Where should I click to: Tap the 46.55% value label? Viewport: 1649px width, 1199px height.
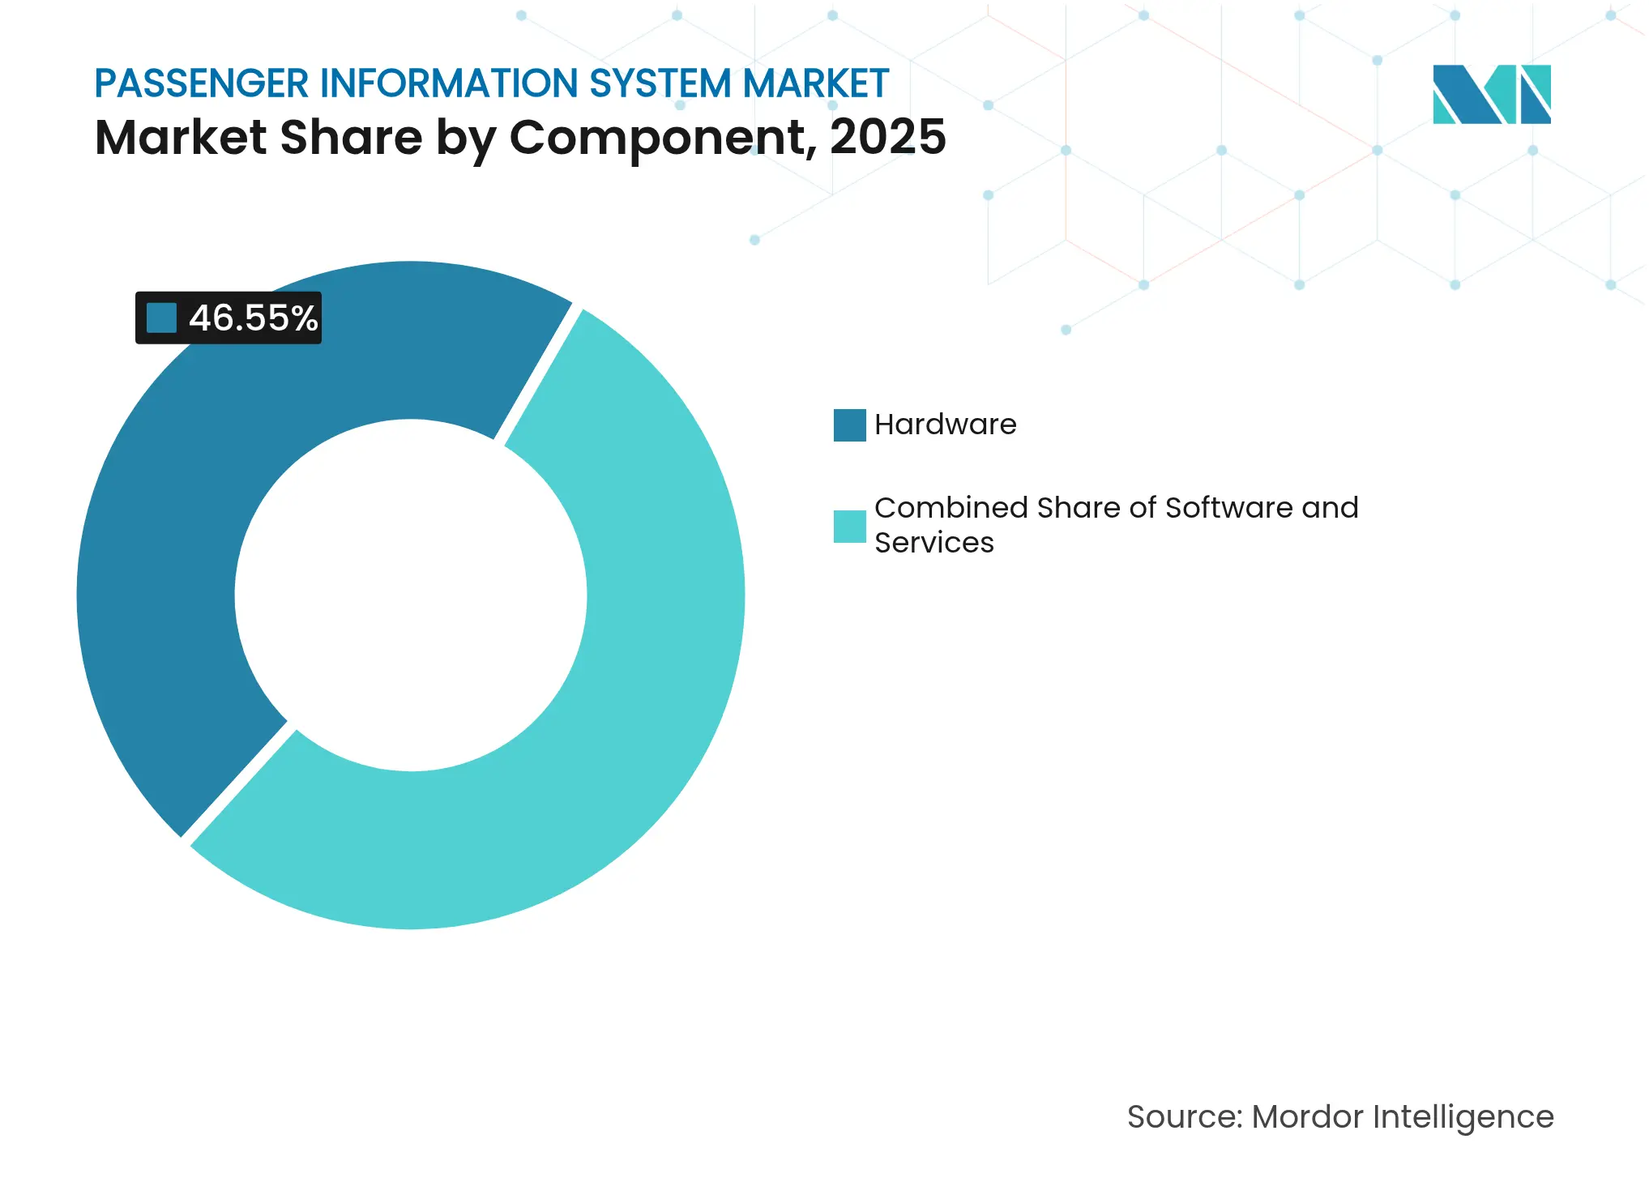tap(253, 318)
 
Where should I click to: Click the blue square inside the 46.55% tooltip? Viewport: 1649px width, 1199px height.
tap(161, 318)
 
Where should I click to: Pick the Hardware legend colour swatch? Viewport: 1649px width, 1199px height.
tap(849, 425)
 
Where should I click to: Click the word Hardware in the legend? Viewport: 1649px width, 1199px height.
tap(945, 425)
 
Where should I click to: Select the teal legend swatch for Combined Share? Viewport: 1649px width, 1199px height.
tap(849, 526)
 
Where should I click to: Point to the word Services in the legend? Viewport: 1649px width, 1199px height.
tap(933, 543)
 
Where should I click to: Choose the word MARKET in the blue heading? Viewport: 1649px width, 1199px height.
tap(815, 83)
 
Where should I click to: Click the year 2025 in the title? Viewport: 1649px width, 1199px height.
tap(887, 136)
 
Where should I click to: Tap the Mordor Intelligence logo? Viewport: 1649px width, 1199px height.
tap(1491, 94)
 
